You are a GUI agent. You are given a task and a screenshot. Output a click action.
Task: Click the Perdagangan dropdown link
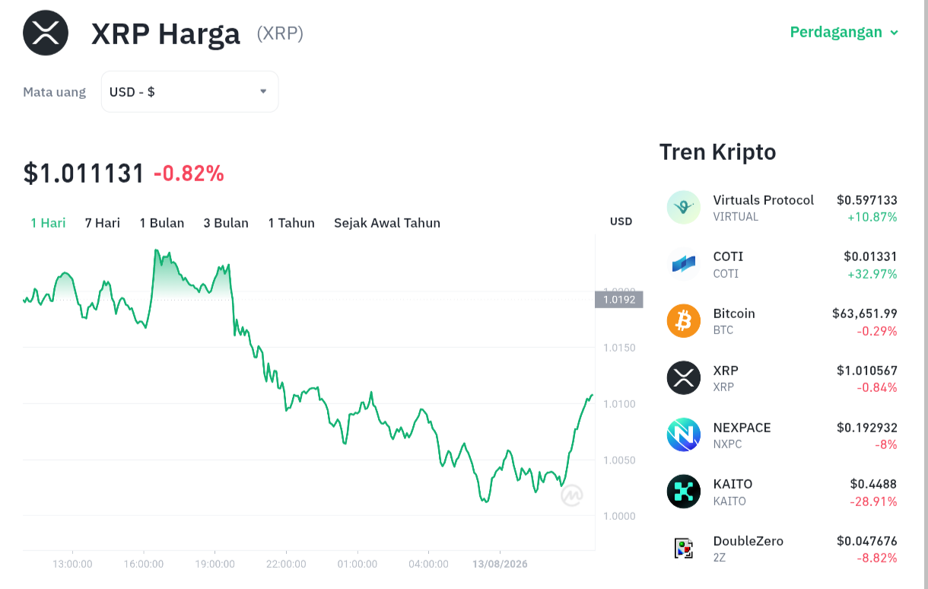coord(844,32)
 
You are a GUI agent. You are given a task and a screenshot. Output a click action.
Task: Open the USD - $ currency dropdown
coord(189,91)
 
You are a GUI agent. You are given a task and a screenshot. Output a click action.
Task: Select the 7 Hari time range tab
coord(103,223)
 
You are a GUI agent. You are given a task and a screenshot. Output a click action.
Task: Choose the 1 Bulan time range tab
coord(161,223)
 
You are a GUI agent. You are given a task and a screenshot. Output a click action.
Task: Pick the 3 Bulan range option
coord(226,223)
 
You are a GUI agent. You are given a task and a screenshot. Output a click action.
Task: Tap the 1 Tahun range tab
coord(291,223)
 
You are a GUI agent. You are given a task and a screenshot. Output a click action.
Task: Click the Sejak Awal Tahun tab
coord(387,223)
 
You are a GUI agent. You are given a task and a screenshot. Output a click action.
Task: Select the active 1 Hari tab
coord(48,223)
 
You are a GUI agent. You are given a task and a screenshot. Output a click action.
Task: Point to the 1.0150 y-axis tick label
coord(619,348)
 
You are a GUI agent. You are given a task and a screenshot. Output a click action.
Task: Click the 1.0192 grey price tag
coord(619,300)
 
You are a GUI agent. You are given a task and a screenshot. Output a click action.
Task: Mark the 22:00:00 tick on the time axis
coord(286,564)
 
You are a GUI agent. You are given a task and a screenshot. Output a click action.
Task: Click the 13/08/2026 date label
coord(500,564)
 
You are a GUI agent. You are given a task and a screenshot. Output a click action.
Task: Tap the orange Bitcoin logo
coord(684,321)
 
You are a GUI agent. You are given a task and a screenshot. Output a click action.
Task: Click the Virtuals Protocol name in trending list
coord(763,200)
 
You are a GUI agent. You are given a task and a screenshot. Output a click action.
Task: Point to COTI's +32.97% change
coord(872,274)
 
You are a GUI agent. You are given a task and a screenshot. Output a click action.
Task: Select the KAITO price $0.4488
coord(873,484)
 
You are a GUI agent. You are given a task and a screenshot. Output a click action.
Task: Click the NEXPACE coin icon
coord(684,435)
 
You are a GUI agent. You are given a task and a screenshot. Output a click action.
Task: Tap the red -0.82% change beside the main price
coord(189,174)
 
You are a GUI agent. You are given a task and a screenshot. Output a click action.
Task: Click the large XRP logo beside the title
coord(46,33)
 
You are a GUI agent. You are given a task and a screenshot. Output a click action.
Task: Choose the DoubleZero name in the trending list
coord(748,541)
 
